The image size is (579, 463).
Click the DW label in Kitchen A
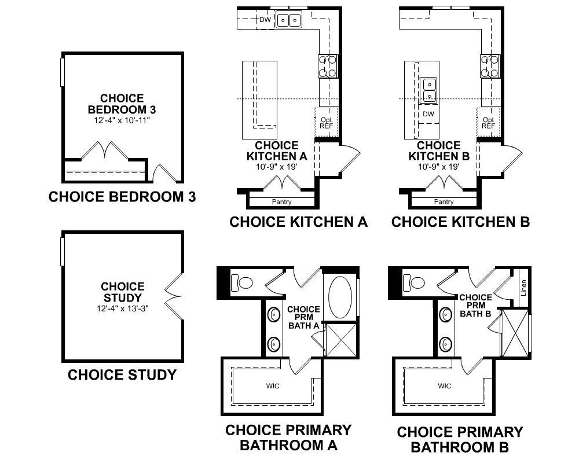265,20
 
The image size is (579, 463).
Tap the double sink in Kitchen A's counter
289,20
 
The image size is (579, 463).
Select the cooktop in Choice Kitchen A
328,66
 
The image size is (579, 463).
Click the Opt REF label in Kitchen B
488,123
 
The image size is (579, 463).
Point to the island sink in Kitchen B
428,90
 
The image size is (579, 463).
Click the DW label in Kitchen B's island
428,114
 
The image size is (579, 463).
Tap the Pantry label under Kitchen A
282,201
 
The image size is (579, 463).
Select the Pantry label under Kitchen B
444,201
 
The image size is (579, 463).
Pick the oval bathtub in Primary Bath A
340,297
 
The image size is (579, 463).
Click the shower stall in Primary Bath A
341,340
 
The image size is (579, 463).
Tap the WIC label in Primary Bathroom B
445,386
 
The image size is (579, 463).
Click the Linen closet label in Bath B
523,288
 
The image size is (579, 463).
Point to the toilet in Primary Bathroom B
414,283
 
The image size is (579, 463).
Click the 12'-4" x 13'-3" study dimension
123,308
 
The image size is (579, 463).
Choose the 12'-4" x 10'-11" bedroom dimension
122,120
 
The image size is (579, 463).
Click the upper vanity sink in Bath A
274,315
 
